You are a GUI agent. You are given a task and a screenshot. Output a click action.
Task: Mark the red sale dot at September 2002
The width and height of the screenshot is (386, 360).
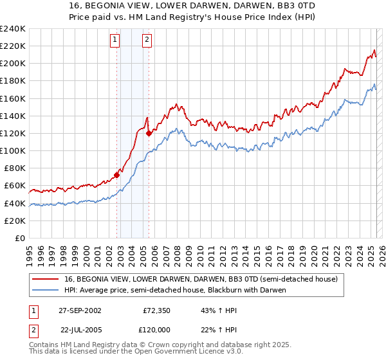click(117, 174)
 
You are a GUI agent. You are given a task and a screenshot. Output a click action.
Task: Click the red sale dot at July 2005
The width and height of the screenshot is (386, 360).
click(149, 133)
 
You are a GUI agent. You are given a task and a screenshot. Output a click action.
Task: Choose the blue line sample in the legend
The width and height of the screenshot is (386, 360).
click(46, 290)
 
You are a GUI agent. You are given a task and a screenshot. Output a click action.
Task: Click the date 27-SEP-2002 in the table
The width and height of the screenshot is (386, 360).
click(80, 310)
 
